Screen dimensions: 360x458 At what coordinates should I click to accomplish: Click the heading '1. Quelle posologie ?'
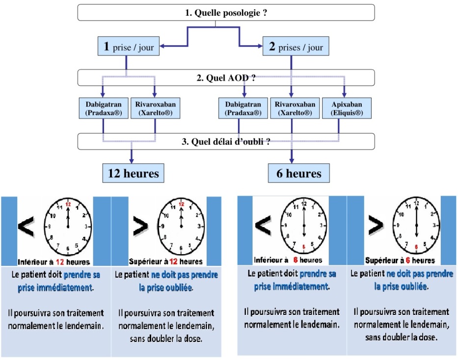coord(226,13)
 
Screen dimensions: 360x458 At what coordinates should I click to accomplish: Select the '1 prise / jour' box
coord(127,47)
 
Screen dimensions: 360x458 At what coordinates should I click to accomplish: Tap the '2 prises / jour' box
coord(295,47)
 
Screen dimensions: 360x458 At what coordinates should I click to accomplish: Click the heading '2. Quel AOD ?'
coord(226,77)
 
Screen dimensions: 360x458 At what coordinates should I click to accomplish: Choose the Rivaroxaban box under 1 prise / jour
coord(154,108)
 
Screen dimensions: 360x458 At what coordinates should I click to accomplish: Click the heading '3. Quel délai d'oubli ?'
coord(226,142)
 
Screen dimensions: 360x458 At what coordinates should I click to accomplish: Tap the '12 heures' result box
coord(133,173)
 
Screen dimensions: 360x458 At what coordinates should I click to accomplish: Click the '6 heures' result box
coord(298,173)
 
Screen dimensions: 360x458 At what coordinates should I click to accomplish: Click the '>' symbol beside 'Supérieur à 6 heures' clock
coord(376,225)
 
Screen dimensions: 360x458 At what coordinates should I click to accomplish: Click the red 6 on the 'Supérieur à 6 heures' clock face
coord(417,247)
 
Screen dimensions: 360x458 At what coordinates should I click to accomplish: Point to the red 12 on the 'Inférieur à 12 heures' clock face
coord(68,204)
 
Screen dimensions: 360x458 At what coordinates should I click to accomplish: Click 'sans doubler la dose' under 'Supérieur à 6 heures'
coord(401,337)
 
